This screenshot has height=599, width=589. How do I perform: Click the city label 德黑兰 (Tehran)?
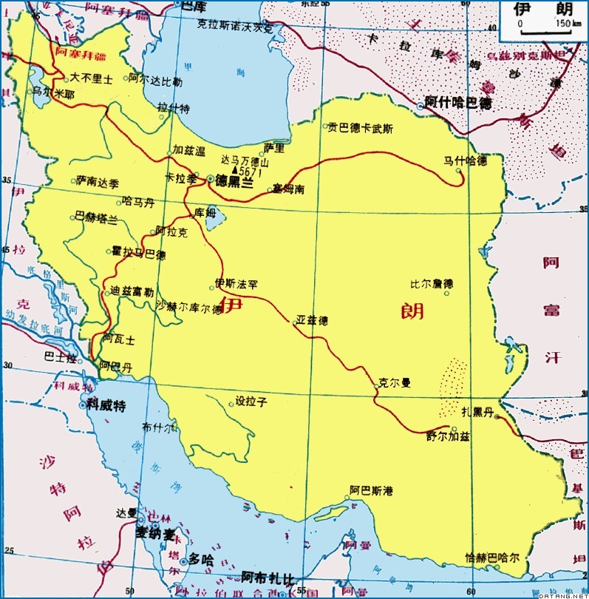point(236,179)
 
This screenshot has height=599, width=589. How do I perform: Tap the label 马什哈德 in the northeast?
point(465,160)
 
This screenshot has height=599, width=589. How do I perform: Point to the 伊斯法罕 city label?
point(236,283)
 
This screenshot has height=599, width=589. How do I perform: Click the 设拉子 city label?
point(251,402)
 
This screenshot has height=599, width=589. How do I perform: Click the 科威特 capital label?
point(107,404)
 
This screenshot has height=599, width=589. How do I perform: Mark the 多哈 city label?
point(200,560)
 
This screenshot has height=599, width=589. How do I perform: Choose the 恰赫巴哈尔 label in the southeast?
point(492,557)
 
